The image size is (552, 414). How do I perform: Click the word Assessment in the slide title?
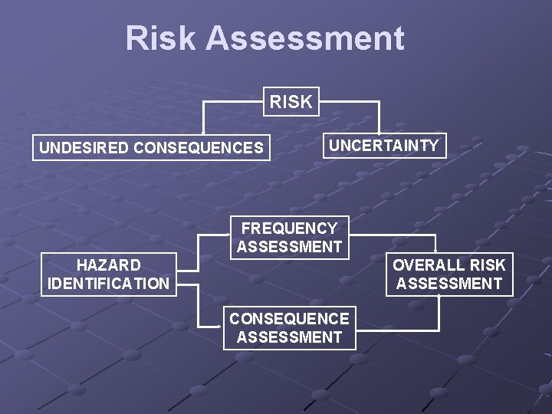pyautogui.click(x=305, y=38)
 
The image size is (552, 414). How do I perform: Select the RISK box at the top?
pyautogui.click(x=291, y=101)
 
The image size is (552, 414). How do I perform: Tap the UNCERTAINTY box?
pyautogui.click(x=384, y=146)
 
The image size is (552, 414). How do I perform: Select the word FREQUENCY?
pyautogui.click(x=289, y=228)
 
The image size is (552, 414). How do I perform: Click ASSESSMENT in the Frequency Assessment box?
pyautogui.click(x=289, y=247)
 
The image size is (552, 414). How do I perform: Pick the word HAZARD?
pyautogui.click(x=109, y=265)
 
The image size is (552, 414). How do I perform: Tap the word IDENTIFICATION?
pyautogui.click(x=109, y=284)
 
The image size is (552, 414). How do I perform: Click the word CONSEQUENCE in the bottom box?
pyautogui.click(x=289, y=318)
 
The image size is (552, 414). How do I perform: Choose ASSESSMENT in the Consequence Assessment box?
pyautogui.click(x=289, y=337)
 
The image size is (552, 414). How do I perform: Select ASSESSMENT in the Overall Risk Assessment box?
pyautogui.click(x=449, y=284)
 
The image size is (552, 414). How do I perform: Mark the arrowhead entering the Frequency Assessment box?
pyautogui.click(x=230, y=236)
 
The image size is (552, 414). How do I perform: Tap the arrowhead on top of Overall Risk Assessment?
pyautogui.click(x=436, y=252)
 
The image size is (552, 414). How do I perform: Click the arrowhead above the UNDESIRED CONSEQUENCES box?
pyautogui.click(x=203, y=135)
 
